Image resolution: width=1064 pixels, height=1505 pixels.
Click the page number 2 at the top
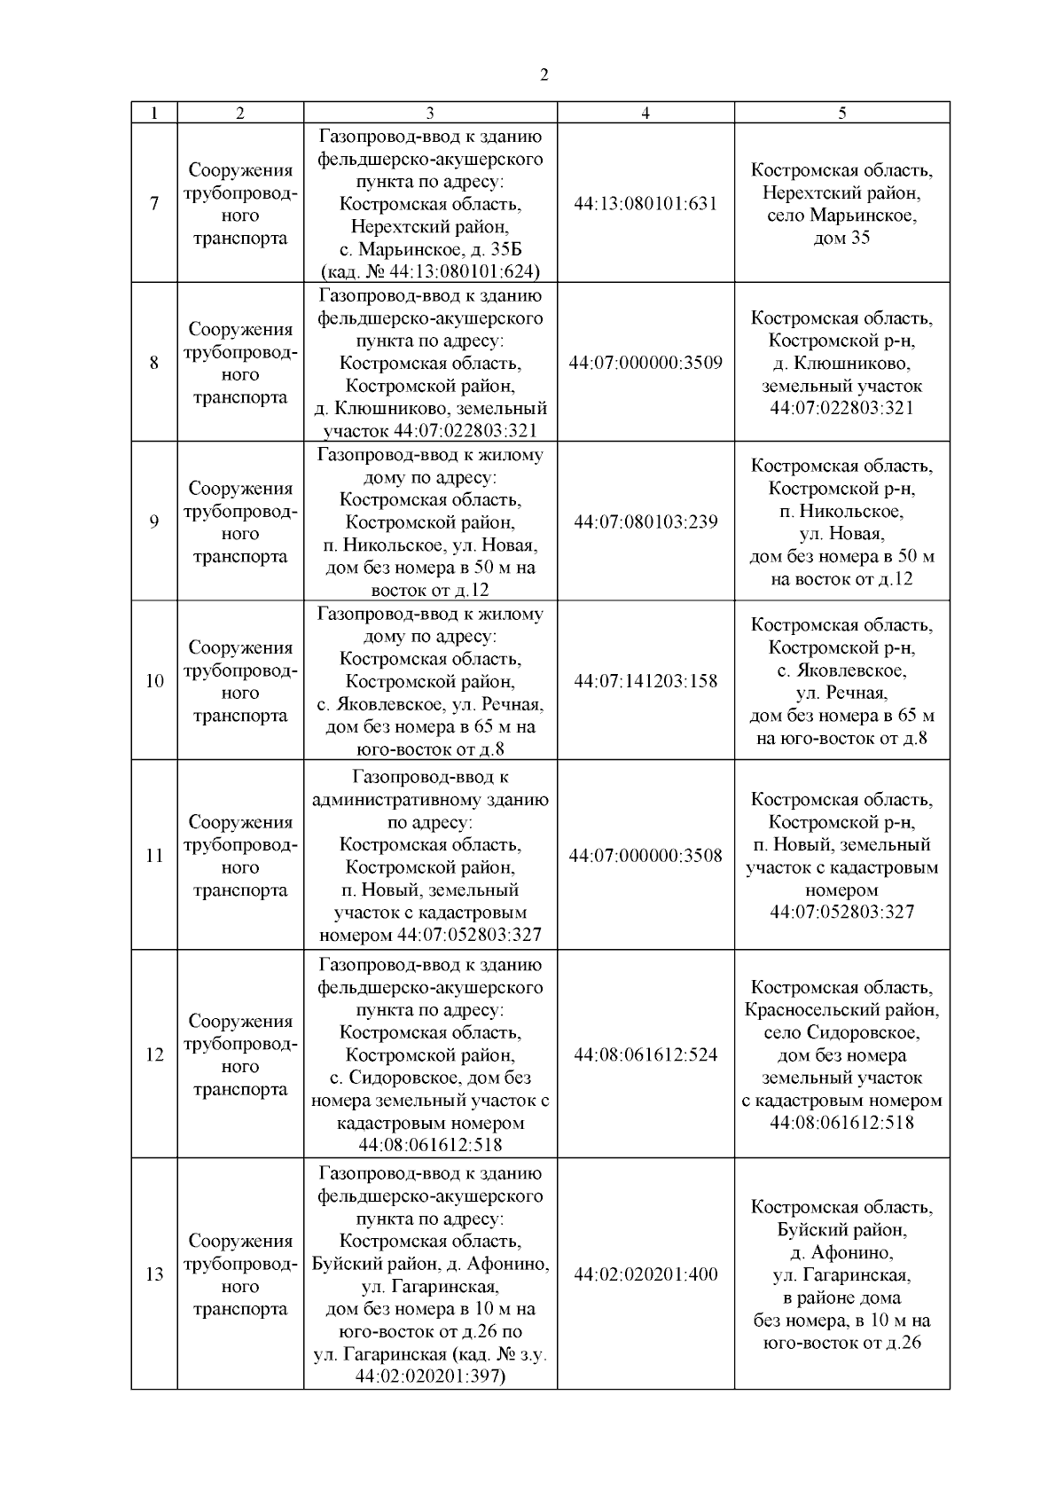coord(544,75)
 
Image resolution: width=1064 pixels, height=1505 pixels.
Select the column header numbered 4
coord(645,113)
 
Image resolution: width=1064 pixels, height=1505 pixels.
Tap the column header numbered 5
coord(841,113)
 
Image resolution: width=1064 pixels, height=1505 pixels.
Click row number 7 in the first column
coord(154,204)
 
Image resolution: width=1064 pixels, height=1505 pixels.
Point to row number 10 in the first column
coord(154,681)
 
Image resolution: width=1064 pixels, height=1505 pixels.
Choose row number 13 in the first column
coord(154,1274)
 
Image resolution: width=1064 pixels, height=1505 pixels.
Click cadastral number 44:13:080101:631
coord(645,204)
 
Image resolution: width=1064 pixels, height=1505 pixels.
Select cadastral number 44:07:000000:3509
coord(645,363)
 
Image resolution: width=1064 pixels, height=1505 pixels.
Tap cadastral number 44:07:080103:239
coord(645,521)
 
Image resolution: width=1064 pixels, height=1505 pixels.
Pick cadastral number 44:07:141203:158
coord(645,681)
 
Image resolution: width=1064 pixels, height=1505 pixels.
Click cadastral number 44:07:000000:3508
coord(645,856)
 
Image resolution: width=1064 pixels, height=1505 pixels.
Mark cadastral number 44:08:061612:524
coord(645,1054)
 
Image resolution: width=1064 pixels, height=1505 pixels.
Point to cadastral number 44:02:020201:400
coord(645,1274)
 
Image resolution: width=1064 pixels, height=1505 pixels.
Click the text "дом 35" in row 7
coord(841,238)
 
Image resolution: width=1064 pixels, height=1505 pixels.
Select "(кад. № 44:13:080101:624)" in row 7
coord(430,271)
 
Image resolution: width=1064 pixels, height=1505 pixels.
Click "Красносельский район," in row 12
coord(841,1009)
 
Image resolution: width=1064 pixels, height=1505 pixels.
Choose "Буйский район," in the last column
coord(841,1230)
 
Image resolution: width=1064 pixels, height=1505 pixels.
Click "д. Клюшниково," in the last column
coord(841,364)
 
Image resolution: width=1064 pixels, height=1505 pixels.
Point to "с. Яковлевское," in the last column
coord(841,670)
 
